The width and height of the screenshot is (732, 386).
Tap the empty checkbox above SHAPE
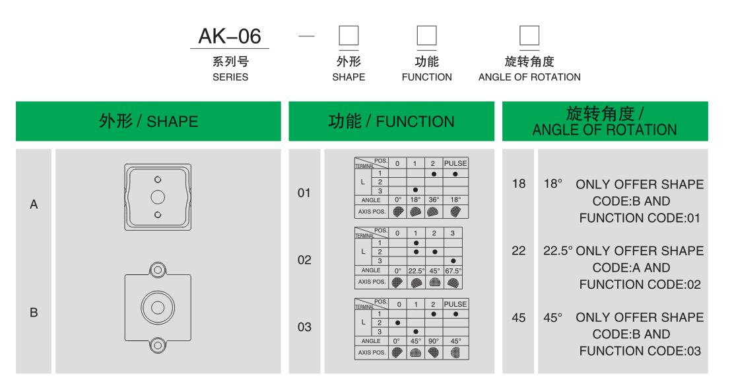coord(349,37)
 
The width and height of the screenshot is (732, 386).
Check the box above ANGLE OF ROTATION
coord(529,37)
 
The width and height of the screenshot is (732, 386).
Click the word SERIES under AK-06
coord(229,77)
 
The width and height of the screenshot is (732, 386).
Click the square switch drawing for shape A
coord(158,197)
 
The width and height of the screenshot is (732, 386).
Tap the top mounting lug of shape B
coord(157,269)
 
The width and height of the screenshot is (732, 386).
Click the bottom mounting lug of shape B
coord(157,344)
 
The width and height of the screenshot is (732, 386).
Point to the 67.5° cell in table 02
coord(452,269)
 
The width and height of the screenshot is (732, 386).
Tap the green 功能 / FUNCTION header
coord(392,121)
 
